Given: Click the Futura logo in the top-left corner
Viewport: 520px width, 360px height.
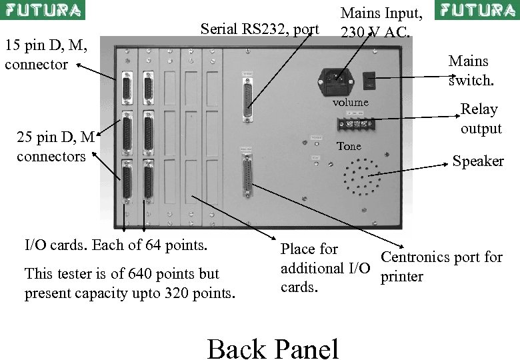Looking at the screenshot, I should [43, 10].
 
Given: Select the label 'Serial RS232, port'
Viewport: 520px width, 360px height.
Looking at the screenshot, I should [259, 29].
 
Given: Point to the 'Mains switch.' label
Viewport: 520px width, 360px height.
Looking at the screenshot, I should [471, 71].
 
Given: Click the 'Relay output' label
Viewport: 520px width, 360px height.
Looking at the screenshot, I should [480, 119].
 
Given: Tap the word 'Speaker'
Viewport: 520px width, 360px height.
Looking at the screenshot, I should [478, 161].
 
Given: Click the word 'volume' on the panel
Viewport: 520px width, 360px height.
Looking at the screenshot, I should [351, 102].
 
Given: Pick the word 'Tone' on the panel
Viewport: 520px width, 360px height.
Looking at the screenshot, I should [349, 146].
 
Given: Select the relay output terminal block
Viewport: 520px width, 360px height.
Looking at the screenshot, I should [353, 125].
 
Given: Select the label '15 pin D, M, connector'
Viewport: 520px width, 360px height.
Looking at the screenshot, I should [45, 55].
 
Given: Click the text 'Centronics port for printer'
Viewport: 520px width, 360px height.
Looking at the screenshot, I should [441, 267].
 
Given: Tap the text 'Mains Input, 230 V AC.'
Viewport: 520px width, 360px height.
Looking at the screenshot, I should [381, 21].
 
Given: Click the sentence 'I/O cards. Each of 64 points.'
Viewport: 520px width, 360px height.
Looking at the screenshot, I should [116, 245].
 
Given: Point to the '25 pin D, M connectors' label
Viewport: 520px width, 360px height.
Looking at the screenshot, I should [56, 147].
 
